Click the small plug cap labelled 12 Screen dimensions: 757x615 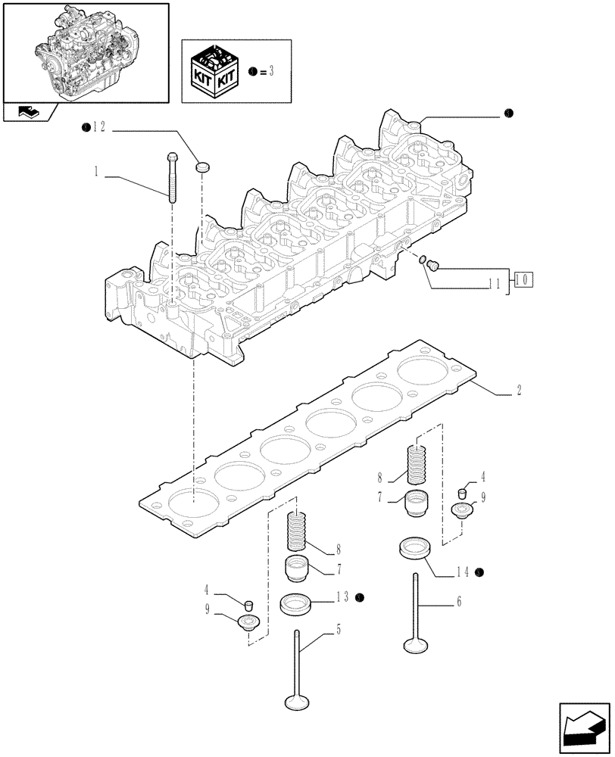click(x=203, y=166)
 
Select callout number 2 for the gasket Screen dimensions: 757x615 click(x=518, y=391)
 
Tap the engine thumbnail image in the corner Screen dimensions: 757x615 click(x=86, y=51)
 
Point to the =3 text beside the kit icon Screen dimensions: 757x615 click(x=266, y=71)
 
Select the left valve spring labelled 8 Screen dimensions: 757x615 click(x=298, y=531)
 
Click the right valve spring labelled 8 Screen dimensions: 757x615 click(x=417, y=464)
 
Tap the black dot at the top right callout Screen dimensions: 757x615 click(x=508, y=114)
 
